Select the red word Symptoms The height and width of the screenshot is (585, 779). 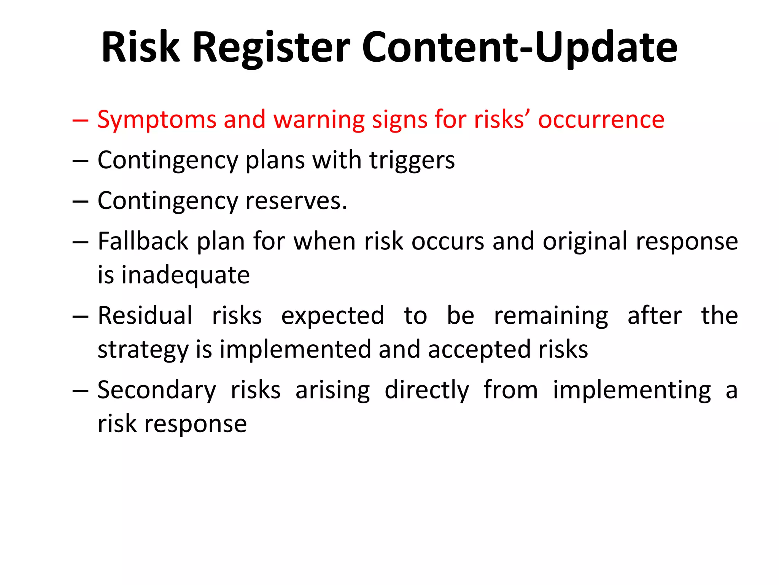[x=156, y=120]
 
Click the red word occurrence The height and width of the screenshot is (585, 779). [x=601, y=120]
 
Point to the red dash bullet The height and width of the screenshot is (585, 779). [x=80, y=121]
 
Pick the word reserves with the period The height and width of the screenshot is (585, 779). [x=296, y=201]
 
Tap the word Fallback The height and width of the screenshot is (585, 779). [x=143, y=241]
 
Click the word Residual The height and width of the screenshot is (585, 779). [x=145, y=316]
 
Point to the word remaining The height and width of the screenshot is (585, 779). [x=551, y=316]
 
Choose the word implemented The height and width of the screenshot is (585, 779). [x=295, y=350]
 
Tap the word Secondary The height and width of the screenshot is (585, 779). [x=157, y=390]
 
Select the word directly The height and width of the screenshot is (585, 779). [x=427, y=391]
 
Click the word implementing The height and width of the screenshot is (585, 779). [x=631, y=391]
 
